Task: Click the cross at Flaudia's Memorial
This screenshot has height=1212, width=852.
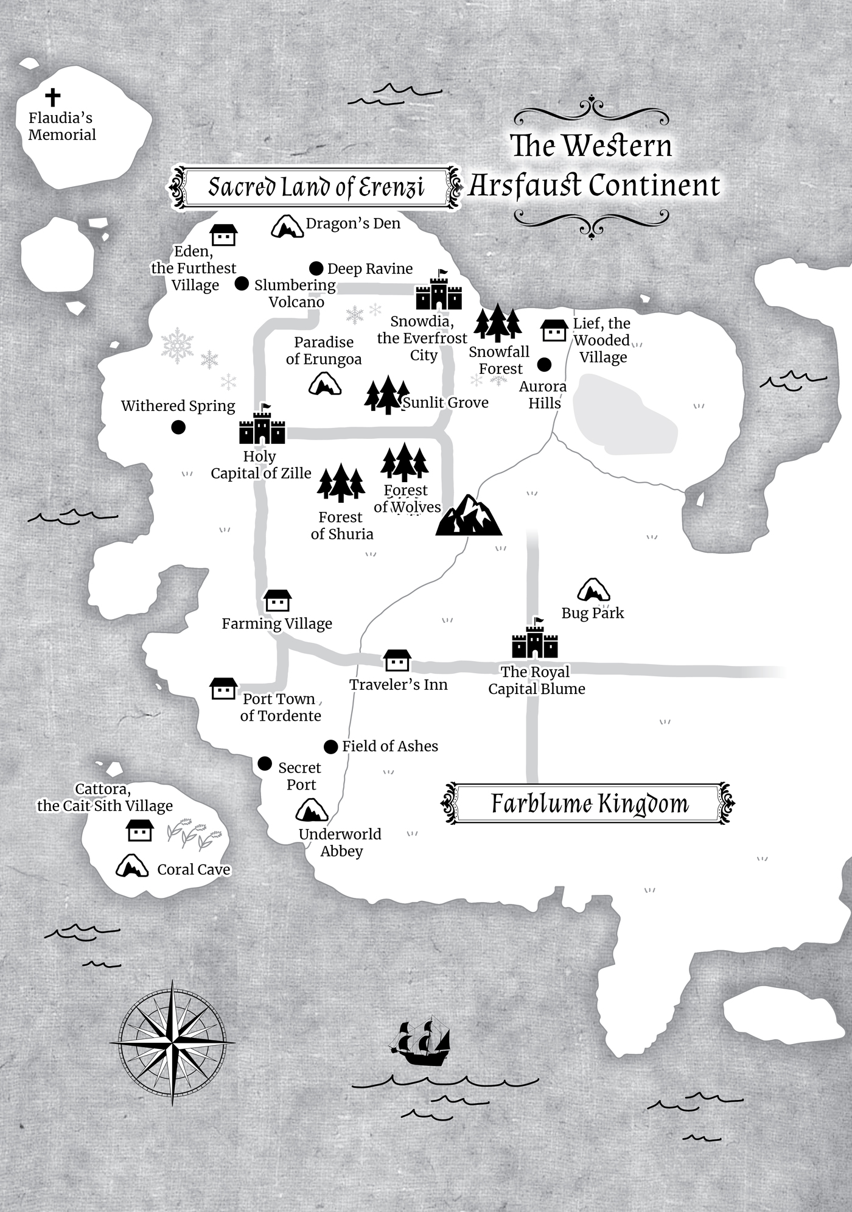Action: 53,96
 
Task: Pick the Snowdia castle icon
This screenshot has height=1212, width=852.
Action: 439,292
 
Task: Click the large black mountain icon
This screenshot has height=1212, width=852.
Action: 468,516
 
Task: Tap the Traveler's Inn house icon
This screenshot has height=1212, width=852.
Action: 397,660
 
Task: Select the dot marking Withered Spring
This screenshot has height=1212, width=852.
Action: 178,427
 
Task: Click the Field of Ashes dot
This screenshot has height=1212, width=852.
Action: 330,747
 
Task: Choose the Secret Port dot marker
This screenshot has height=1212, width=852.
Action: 265,763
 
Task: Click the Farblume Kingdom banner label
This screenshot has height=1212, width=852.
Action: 589,804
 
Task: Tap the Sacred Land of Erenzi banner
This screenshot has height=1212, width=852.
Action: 315,187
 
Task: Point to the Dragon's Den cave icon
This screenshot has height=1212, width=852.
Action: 287,226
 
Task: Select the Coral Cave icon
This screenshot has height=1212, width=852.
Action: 132,866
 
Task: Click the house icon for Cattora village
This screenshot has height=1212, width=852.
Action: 139,830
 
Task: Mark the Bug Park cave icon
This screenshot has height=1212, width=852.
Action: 593,590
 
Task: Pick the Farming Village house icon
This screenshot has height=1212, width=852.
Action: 278,601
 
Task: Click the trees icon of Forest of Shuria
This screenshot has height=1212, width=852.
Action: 341,483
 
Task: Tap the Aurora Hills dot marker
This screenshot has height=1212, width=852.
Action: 544,365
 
